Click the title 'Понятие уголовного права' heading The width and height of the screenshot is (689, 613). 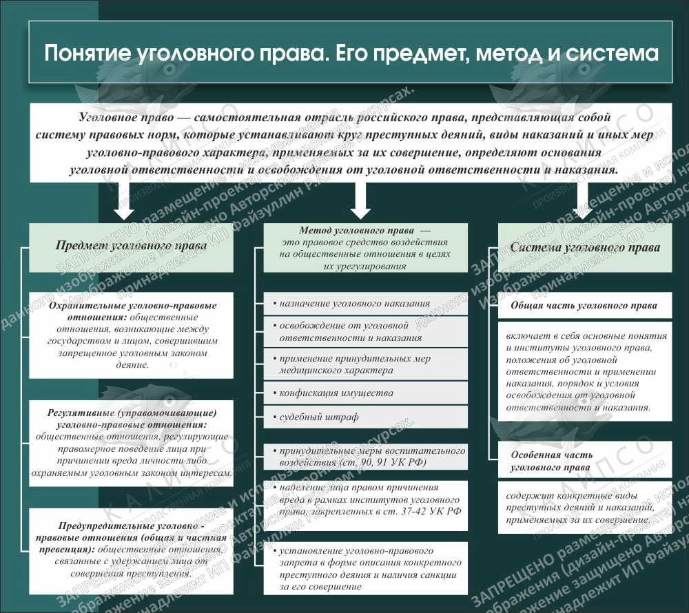(351, 54)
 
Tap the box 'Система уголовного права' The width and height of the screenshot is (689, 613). (585, 247)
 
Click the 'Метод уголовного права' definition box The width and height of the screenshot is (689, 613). (365, 249)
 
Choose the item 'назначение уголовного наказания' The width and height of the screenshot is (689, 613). (365, 303)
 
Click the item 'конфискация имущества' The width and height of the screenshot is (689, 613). (365, 393)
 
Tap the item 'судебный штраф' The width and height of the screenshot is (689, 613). (365, 417)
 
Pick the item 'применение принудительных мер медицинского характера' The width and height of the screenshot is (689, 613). (365, 364)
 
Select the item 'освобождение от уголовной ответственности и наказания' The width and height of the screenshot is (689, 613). (365, 331)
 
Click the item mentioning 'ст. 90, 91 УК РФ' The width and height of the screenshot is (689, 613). (365, 457)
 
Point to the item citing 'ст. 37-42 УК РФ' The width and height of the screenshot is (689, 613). (365, 499)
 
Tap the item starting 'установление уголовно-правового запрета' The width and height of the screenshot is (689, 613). (365, 569)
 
